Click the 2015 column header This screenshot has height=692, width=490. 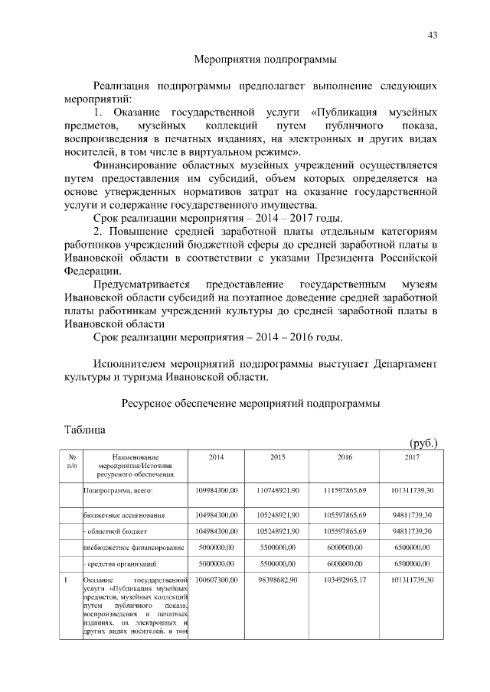point(277,456)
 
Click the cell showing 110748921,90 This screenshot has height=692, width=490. point(277,489)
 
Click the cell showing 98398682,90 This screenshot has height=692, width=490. point(277,581)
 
